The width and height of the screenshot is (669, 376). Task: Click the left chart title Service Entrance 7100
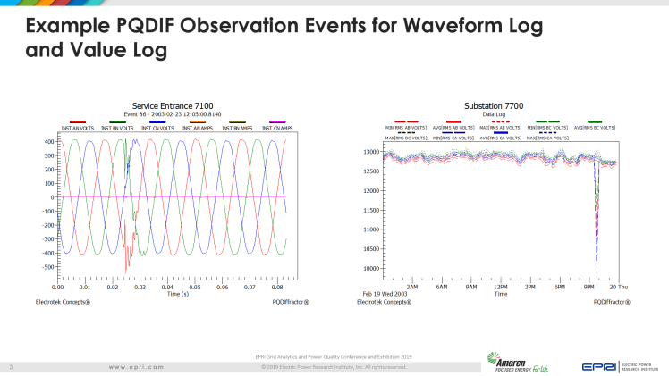[x=173, y=106]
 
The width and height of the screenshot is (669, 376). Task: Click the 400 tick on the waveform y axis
[x=46, y=142]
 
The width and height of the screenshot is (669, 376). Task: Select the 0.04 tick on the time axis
[x=167, y=288]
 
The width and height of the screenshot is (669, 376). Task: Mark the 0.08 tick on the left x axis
[x=278, y=288]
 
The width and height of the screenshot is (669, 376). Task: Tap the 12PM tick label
[x=501, y=287]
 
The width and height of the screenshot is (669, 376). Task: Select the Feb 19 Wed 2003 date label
[x=385, y=294]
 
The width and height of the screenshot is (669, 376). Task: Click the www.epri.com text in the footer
[x=136, y=366]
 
